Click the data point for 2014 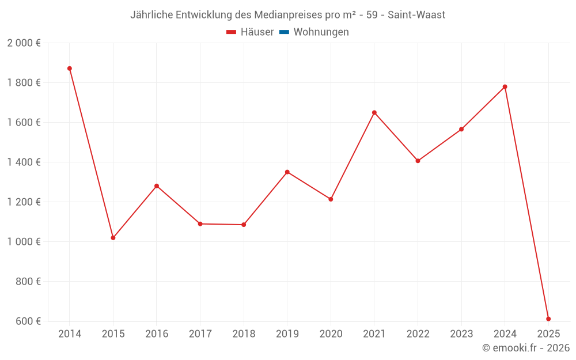pyautogui.click(x=70, y=69)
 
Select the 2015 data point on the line pyautogui.click(x=113, y=238)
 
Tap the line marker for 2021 pyautogui.click(x=374, y=113)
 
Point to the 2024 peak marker pyautogui.click(x=505, y=87)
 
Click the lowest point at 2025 pyautogui.click(x=548, y=319)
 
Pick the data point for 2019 pyautogui.click(x=287, y=172)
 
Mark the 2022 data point pyautogui.click(x=418, y=161)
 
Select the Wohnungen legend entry pyautogui.click(x=321, y=32)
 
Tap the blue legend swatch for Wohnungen pyautogui.click(x=284, y=32)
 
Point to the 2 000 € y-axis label pyautogui.click(x=24, y=43)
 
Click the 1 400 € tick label pyautogui.click(x=24, y=162)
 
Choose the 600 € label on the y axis pyautogui.click(x=27, y=321)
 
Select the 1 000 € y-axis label pyautogui.click(x=24, y=242)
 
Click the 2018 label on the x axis pyautogui.click(x=244, y=334)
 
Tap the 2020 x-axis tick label pyautogui.click(x=331, y=334)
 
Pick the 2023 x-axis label pyautogui.click(x=461, y=334)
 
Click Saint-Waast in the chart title pyautogui.click(x=416, y=15)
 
